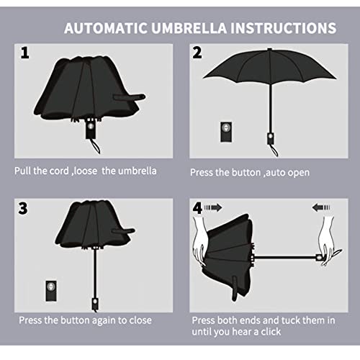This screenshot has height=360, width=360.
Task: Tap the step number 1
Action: point(24,53)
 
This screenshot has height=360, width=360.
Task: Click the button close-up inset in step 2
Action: point(226,132)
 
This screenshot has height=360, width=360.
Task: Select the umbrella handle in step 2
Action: point(271,138)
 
